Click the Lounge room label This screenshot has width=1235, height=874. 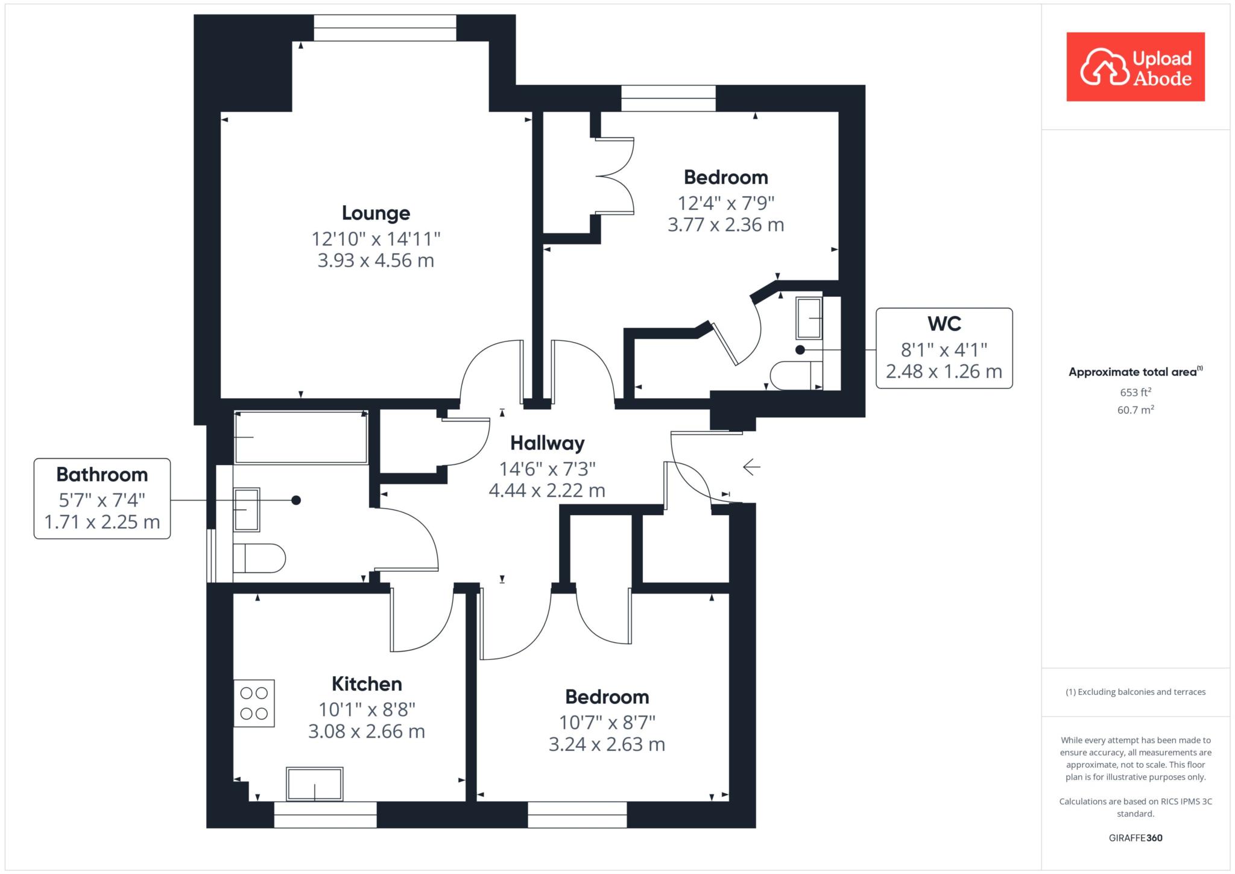pos(376,213)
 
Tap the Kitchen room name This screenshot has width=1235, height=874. pos(367,684)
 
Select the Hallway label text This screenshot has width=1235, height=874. pos(548,444)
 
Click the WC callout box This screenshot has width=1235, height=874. pos(944,348)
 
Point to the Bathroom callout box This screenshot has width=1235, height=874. pos(102,498)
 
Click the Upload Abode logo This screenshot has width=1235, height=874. pos(1136,67)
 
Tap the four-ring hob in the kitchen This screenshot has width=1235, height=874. pos(254,703)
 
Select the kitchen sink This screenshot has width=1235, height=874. pos(314,784)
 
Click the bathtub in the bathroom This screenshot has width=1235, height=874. pos(300,437)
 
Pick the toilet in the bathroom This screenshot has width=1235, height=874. pos(259,559)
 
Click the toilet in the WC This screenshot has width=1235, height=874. pos(797,375)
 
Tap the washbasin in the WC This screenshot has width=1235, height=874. pos(809,318)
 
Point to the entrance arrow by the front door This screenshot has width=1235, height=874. pos(751,467)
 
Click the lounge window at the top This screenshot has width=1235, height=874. pos(385,28)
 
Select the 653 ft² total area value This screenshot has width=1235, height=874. pos(1136,392)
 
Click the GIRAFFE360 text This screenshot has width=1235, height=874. pos(1136,838)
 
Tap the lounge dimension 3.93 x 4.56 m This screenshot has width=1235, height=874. pos(376,261)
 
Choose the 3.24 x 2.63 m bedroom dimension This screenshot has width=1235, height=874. pos(607,744)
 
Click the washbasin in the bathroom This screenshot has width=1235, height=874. pos(247,510)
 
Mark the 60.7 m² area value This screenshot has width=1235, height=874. pos(1136,410)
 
